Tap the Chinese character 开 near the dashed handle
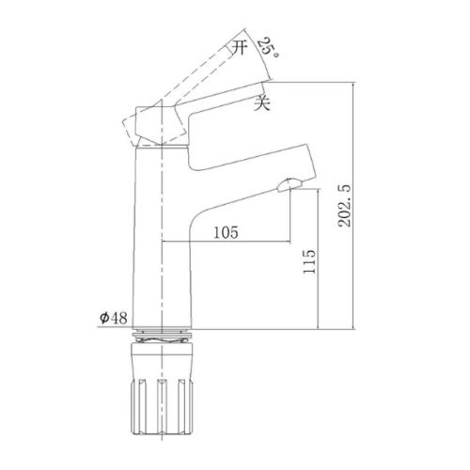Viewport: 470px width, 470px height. [x=240, y=48]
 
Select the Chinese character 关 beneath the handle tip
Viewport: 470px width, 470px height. [x=261, y=102]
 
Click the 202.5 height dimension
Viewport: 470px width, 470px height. [x=344, y=206]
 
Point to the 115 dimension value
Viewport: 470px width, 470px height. [x=309, y=262]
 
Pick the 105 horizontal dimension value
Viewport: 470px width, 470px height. [x=226, y=232]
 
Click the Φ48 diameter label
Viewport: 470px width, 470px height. [x=114, y=319]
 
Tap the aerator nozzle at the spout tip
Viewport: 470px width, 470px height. [x=289, y=184]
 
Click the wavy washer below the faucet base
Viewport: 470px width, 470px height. [x=162, y=337]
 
